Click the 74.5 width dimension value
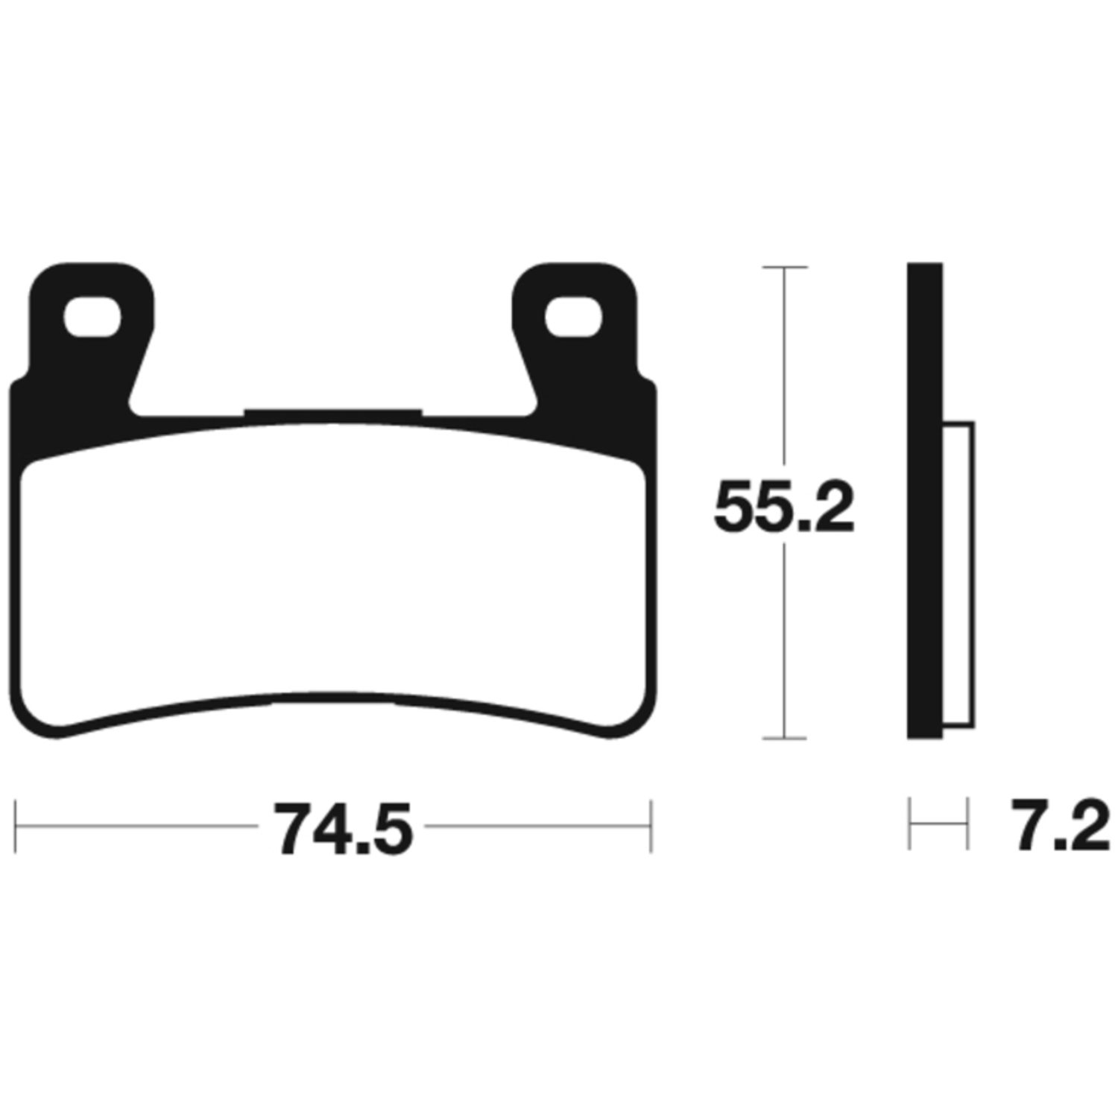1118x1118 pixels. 344,827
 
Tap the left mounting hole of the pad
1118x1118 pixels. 92,318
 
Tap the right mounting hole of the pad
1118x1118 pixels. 573,318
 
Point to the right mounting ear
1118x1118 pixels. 574,320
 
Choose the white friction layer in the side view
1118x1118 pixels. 959,574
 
